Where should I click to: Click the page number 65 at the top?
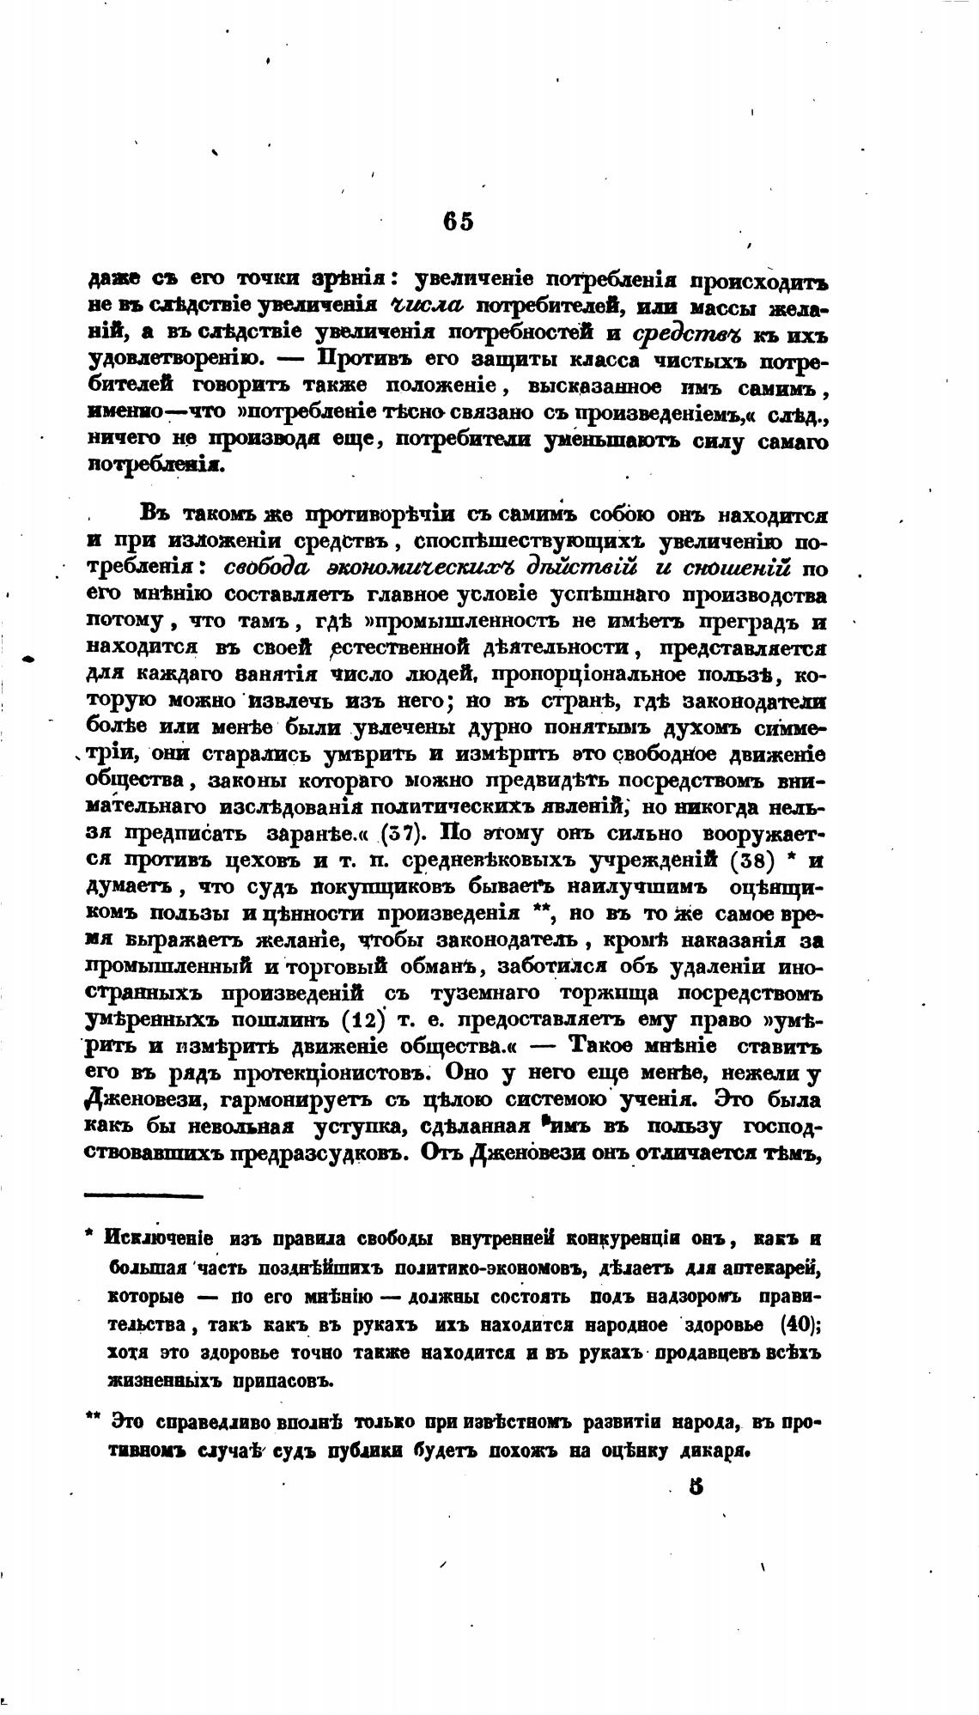tap(458, 221)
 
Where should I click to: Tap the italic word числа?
tap(426, 306)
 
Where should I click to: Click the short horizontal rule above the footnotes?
tap(143, 1195)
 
